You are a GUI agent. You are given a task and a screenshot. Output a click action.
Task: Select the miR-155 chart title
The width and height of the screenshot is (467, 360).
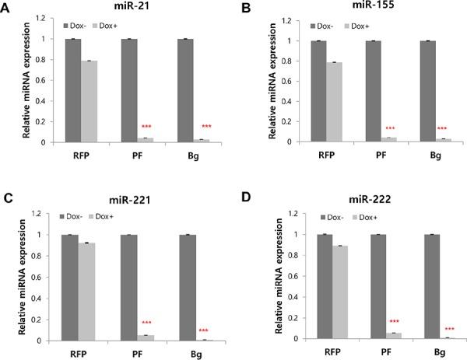[x=344, y=7]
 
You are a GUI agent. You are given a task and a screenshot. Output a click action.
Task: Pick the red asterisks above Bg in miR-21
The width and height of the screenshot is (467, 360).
[x=206, y=127]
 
